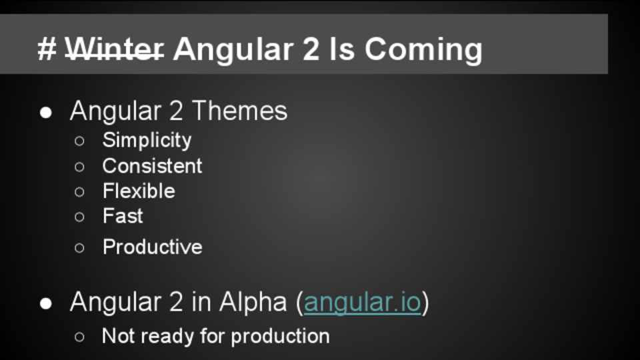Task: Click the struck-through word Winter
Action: (115, 49)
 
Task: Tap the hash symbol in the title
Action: (47, 49)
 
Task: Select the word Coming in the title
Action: (423, 50)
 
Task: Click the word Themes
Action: (239, 111)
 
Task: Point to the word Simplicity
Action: (147, 141)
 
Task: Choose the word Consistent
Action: (152, 166)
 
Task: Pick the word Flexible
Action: (139, 191)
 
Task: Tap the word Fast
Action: (123, 216)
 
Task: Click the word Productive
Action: (152, 247)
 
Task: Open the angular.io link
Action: (363, 302)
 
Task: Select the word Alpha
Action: (253, 302)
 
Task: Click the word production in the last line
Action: (280, 337)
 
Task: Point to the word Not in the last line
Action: (119, 336)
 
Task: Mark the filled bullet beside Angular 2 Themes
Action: (46, 113)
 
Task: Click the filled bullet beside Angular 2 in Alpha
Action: (46, 304)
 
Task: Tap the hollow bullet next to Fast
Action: (79, 217)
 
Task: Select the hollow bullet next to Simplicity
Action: (79, 141)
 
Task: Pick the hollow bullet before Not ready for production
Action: (79, 337)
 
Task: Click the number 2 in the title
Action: (311, 49)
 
